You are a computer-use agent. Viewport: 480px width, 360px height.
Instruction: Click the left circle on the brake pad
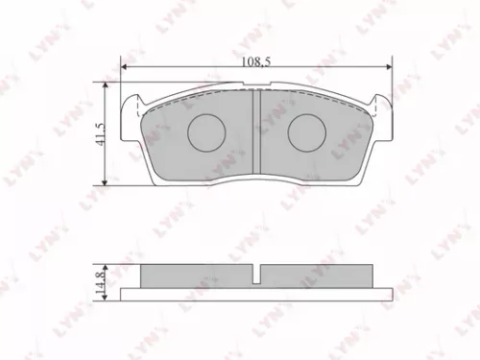(204, 133)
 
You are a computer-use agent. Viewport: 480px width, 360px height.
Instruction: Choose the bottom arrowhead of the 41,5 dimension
(106, 181)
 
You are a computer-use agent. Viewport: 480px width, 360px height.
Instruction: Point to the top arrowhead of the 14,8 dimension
(107, 267)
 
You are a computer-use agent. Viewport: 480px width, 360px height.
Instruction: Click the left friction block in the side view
(196, 276)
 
